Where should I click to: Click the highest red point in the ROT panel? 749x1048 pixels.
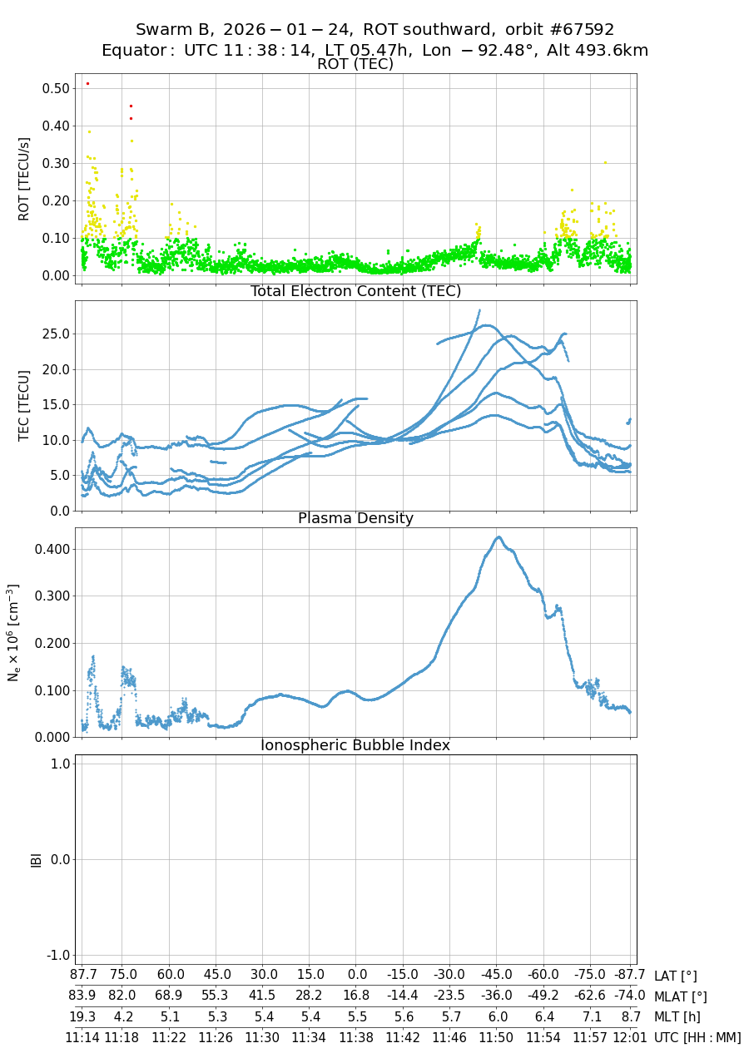[x=87, y=83]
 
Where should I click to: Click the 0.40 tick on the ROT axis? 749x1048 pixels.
[x=56, y=126]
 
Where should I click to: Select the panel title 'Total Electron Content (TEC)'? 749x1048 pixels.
[x=355, y=291]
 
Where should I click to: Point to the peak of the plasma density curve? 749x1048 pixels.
[x=499, y=537]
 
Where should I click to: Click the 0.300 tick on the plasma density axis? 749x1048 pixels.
[x=52, y=596]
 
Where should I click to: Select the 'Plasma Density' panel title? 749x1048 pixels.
[x=355, y=518]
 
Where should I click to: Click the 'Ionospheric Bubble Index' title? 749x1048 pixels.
[x=355, y=745]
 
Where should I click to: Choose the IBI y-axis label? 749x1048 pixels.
[x=36, y=859]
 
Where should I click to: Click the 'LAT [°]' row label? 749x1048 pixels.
[x=675, y=976]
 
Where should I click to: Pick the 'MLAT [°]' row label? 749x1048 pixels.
[x=681, y=996]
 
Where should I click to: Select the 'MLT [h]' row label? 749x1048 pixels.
[x=677, y=1016]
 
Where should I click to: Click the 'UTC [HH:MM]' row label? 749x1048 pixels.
[x=697, y=1037]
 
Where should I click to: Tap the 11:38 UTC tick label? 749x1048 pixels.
[x=357, y=1037]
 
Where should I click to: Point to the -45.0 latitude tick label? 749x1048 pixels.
[x=497, y=976]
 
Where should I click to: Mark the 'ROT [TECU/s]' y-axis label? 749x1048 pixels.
[x=24, y=179]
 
